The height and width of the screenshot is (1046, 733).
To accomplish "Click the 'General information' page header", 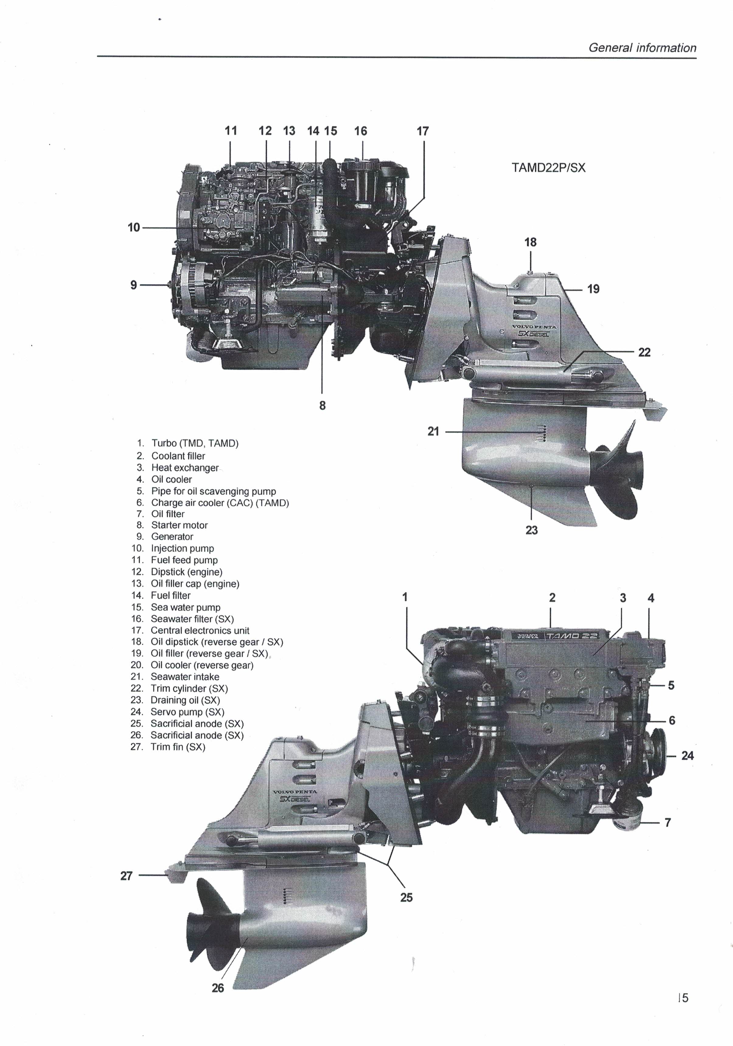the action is pos(642,48).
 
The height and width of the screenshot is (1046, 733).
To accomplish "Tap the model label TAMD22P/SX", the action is pos(549,168).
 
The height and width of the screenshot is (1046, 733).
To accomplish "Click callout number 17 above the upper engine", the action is pos(423,131).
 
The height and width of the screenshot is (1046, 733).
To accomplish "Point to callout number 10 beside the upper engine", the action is pos(134,227).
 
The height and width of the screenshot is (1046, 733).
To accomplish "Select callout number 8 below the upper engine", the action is pos(323,405).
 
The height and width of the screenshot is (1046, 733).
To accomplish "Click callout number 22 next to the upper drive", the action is pos(644,352).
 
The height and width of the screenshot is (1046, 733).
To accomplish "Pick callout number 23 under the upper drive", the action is pos(532,530).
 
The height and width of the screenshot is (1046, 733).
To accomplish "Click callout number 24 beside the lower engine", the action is pos(687,756).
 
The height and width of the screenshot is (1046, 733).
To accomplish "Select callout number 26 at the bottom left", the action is pos(218,988).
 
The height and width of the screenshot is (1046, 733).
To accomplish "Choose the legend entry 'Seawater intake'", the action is pos(185,677).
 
